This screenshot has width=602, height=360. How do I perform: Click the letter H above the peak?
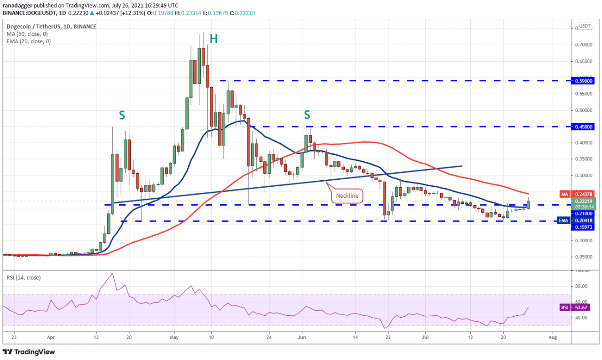click(x=214, y=39)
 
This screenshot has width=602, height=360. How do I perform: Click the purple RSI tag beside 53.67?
click(x=565, y=308)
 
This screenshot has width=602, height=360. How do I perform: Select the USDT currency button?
click(x=585, y=26)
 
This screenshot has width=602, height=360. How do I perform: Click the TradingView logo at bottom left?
click(x=35, y=352)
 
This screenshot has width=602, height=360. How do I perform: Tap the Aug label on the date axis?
click(x=553, y=337)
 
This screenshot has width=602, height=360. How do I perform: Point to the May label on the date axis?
click(x=174, y=337)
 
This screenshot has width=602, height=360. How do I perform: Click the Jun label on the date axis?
click(x=302, y=337)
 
